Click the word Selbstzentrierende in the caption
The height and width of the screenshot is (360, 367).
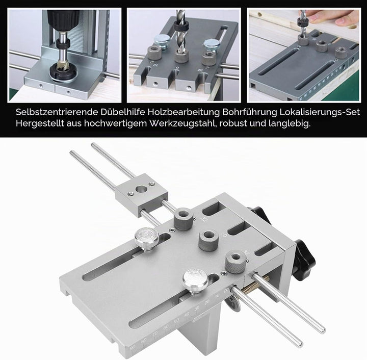point(57,112)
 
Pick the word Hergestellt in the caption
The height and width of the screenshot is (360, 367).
point(40,123)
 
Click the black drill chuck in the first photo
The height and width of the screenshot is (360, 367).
point(63,19)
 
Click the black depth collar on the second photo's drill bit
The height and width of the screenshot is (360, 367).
point(182,25)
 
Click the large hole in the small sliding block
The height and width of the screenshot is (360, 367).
point(141,189)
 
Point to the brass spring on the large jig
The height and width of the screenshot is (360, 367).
point(255,286)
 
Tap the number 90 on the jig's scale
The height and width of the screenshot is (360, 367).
point(133,349)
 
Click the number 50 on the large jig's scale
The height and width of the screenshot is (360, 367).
point(176,321)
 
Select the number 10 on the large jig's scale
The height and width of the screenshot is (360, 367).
point(217,296)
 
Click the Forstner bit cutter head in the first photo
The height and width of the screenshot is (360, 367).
point(63,70)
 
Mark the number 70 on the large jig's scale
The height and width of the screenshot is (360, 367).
point(155,334)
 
